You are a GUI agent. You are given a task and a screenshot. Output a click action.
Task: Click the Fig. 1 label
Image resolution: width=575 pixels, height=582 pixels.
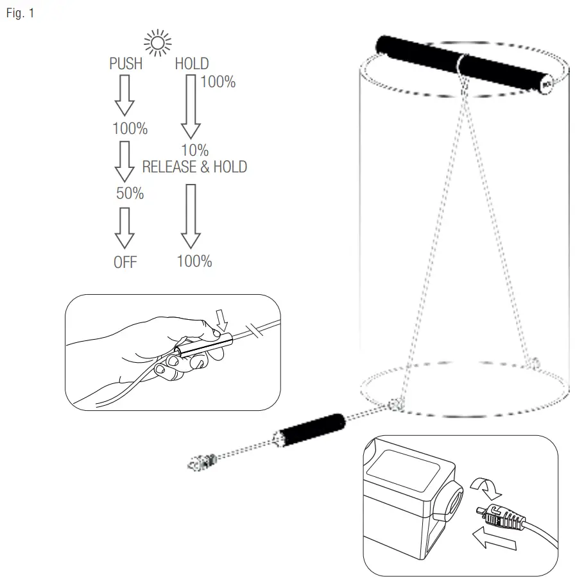(x=19, y=13)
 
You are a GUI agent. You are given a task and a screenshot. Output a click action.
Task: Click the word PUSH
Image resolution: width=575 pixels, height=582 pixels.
(x=126, y=64)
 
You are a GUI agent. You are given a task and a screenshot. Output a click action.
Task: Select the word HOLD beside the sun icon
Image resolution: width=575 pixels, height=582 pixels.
(x=192, y=64)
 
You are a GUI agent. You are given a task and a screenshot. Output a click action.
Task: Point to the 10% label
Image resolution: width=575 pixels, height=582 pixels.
(x=194, y=151)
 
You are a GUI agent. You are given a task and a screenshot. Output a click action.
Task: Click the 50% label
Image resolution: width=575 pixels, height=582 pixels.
(x=130, y=194)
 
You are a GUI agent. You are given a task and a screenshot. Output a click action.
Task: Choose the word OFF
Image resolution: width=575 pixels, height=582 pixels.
(x=125, y=262)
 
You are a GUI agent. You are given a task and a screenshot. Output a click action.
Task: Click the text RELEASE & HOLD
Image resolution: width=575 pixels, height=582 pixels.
(x=194, y=167)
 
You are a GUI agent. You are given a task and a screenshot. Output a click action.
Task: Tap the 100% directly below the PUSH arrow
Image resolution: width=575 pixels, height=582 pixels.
(x=130, y=129)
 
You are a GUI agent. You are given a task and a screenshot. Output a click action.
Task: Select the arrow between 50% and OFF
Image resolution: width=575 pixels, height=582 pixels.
(x=124, y=228)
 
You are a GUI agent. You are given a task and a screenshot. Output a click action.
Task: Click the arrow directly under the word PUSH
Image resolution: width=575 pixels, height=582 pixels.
(x=124, y=95)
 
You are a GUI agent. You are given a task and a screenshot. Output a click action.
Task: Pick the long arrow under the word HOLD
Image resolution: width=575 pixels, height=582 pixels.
(x=190, y=106)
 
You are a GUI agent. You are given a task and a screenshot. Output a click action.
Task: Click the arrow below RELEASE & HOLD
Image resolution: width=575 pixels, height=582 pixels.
(x=190, y=216)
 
